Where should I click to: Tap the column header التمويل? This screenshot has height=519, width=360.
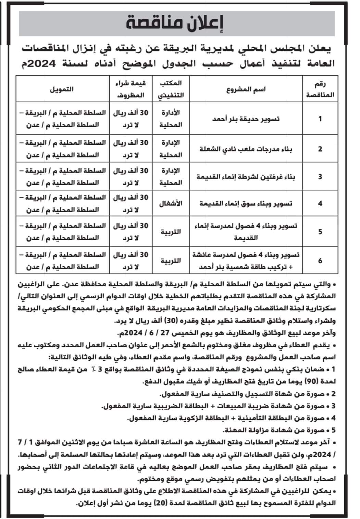tap(62, 89)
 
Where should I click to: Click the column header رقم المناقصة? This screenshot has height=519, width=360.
tap(320, 89)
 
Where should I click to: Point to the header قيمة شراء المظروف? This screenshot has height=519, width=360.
tap(131, 89)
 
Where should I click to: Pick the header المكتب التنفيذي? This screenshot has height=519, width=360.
tap(171, 89)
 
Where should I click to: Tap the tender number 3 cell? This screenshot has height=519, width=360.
tap(320, 177)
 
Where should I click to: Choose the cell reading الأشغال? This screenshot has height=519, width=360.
tap(171, 204)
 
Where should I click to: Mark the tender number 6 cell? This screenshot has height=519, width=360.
tap(320, 261)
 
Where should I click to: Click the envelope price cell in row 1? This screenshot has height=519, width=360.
tap(131, 119)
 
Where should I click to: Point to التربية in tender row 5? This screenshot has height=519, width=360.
tap(171, 232)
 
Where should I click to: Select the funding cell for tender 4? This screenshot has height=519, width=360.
tap(62, 204)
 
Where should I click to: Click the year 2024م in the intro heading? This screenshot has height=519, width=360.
tap(79, 64)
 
